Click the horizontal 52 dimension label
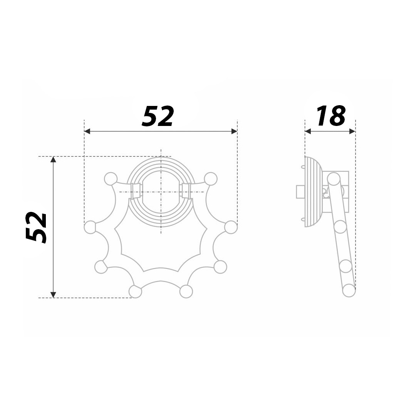tap(158, 116)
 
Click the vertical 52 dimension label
tap(36, 227)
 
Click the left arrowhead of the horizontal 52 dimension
tap(87, 131)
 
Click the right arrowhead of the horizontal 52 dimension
tap(234, 131)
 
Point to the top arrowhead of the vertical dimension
tap(53, 159)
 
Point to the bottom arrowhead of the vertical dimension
tap(53, 295)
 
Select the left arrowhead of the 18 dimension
tap(308, 131)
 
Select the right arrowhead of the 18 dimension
tap(352, 131)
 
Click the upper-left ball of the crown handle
tap(111, 179)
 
